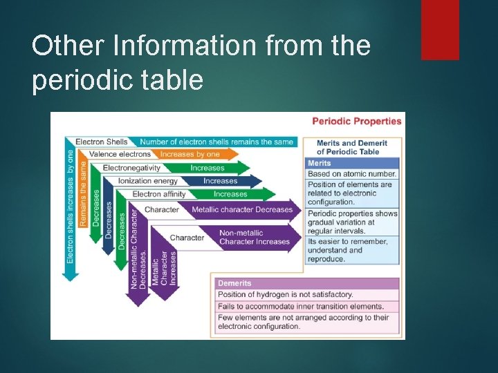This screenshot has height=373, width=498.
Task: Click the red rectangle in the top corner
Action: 440,29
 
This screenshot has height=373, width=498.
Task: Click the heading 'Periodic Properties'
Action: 356,121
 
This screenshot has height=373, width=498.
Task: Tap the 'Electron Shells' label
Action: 102,142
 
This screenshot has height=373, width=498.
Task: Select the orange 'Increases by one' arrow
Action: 194,154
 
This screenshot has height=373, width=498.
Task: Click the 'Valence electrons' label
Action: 120,154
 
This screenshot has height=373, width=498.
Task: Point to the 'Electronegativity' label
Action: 131,168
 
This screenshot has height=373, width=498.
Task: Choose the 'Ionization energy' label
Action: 147,181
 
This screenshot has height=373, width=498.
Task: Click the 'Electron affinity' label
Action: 159,194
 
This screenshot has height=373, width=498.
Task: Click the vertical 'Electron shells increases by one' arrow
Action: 71,207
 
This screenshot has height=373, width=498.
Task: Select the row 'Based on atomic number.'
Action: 352,174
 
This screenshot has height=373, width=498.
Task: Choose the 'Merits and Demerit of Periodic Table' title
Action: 352,147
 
